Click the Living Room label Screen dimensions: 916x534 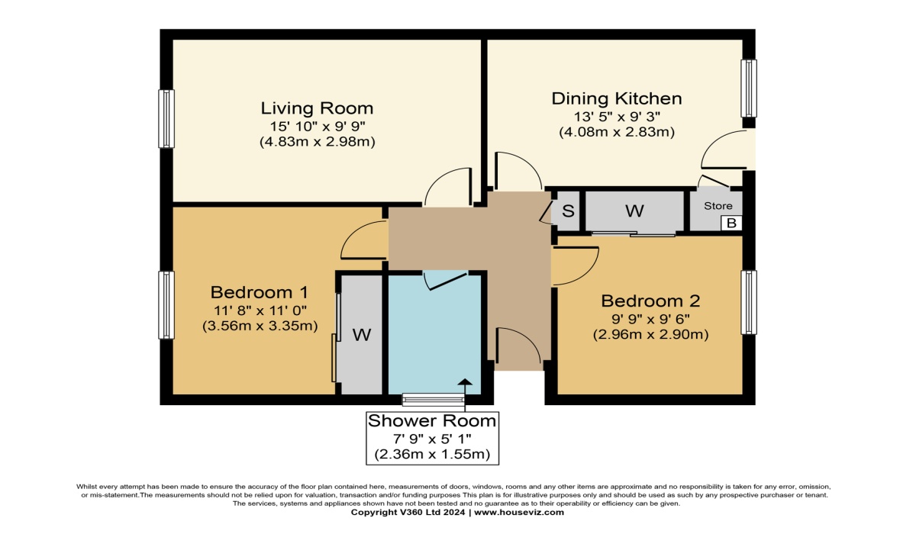318,108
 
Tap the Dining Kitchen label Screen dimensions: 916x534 617,98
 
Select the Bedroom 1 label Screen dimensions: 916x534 260,292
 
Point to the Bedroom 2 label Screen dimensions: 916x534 650,301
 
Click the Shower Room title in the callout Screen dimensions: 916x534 432,421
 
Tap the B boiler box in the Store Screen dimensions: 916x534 731,223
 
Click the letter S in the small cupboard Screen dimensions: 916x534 568,211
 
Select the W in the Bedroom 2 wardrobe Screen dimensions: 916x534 634,211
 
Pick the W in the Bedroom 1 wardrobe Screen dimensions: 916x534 362,335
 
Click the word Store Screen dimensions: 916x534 718,205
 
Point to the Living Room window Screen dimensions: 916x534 166,118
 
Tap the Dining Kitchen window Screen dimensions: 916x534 749,88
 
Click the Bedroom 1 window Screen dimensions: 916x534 166,305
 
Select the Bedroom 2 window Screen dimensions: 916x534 749,302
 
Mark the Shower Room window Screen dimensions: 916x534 434,400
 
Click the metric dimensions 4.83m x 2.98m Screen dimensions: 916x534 318,142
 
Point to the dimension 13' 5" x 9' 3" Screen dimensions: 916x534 617,117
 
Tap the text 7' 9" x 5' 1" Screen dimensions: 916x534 432,439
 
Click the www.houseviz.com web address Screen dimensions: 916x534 519,513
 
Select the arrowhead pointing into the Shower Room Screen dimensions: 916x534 465,382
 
